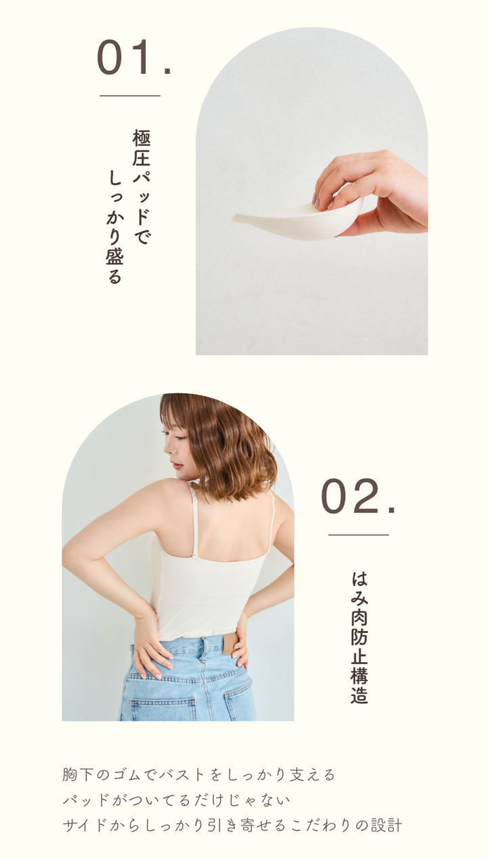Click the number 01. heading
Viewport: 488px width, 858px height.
pyautogui.click(x=134, y=57)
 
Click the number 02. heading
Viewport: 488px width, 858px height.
pyautogui.click(x=358, y=496)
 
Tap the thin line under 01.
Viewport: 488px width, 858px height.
pyautogui.click(x=130, y=96)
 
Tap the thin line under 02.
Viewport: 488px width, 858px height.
pyautogui.click(x=359, y=535)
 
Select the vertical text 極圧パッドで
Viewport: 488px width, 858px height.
pyautogui.click(x=142, y=187)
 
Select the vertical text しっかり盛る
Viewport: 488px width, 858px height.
pyautogui.click(x=115, y=227)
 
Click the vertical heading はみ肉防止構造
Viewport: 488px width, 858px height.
pyautogui.click(x=359, y=638)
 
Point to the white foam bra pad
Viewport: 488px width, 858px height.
pyautogui.click(x=298, y=219)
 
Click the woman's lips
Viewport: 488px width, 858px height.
pyautogui.click(x=176, y=466)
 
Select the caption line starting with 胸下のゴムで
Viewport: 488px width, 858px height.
pyautogui.click(x=199, y=775)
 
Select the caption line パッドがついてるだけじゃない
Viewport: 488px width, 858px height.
pyautogui.click(x=176, y=800)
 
